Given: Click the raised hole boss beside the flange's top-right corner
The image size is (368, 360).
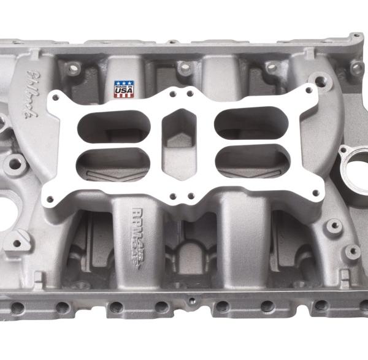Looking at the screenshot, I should point(320,82).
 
